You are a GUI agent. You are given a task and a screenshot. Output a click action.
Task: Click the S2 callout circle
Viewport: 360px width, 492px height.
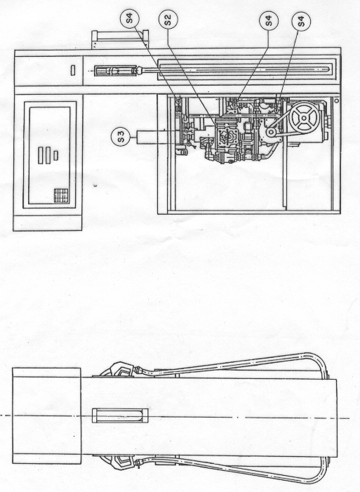pyautogui.click(x=168, y=20)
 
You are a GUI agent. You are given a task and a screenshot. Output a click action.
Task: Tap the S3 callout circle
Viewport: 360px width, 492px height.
pyautogui.click(x=121, y=136)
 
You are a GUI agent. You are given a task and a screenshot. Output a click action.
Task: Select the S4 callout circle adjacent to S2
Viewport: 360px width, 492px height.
pyautogui.click(x=129, y=18)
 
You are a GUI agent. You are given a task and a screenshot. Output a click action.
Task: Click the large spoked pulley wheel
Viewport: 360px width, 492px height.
pyautogui.click(x=304, y=118)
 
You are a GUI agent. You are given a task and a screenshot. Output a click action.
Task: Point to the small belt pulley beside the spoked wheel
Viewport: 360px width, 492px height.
pyautogui.click(x=271, y=133)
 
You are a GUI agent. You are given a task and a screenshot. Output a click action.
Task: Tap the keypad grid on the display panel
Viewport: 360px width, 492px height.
pyautogui.click(x=61, y=196)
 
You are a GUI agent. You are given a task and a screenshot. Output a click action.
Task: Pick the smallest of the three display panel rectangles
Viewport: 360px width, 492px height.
pyautogui.click(x=56, y=156)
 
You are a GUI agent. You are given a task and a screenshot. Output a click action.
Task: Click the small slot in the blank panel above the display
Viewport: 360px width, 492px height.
pyautogui.click(x=73, y=70)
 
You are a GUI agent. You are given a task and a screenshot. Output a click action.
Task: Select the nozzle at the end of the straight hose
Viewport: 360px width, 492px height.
pyautogui.click(x=116, y=71)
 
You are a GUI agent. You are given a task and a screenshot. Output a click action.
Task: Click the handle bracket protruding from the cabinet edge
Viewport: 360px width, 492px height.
pyautogui.click(x=120, y=39)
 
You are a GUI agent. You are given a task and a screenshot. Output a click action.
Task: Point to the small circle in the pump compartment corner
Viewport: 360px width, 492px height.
pyautogui.click(x=336, y=101)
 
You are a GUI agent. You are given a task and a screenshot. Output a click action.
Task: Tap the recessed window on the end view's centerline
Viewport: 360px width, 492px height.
pyautogui.click(x=120, y=415)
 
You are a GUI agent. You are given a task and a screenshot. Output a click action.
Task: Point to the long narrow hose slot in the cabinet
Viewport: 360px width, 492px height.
pyautogui.click(x=246, y=69)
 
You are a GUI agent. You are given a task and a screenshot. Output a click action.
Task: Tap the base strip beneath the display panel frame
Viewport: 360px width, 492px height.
pyautogui.click(x=48, y=223)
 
